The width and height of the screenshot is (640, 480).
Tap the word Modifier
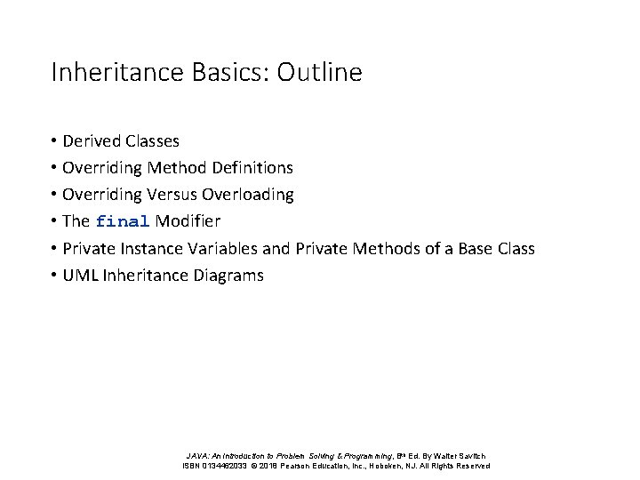pos(188,221)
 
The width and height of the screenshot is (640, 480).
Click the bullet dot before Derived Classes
pos(54,141)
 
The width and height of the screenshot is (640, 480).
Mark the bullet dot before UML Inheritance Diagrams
pos(54,276)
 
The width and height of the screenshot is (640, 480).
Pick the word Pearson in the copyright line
pos(302,465)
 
